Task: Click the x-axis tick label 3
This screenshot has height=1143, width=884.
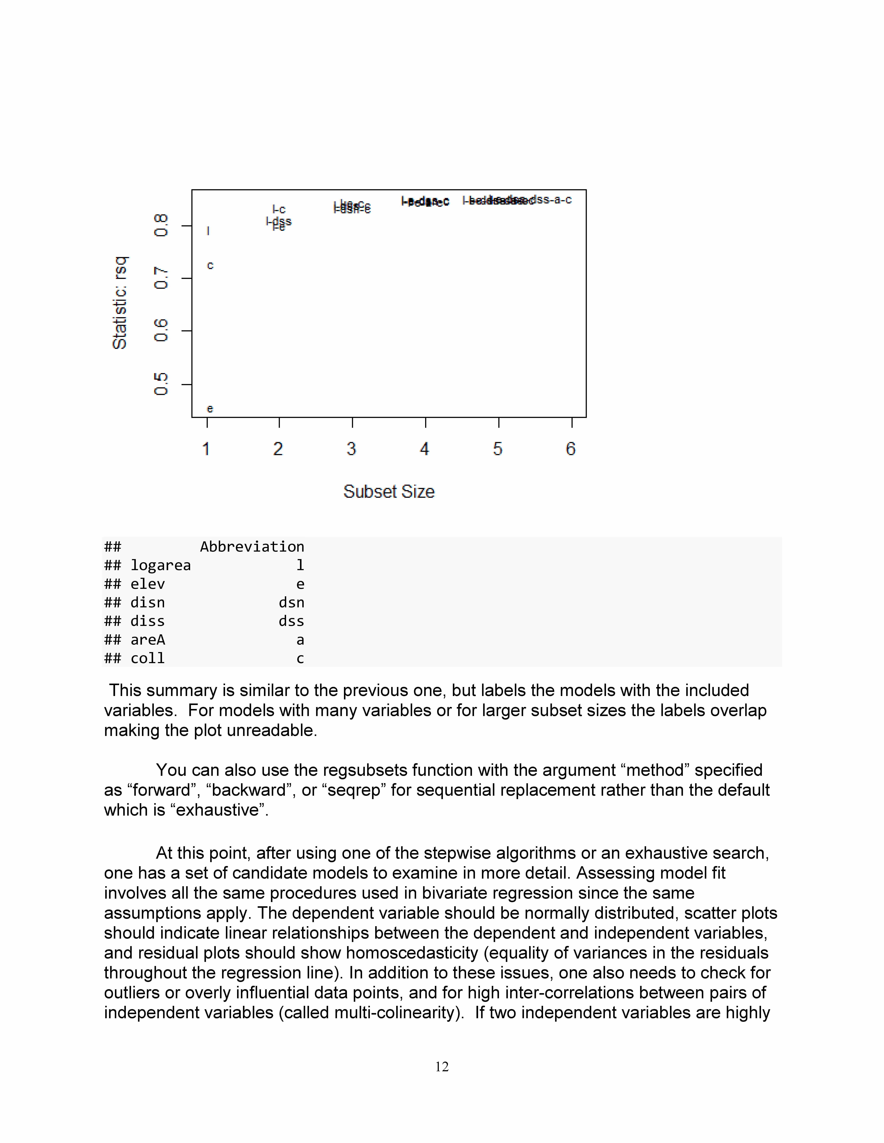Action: tap(351, 448)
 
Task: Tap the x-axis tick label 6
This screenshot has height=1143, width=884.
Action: tap(571, 448)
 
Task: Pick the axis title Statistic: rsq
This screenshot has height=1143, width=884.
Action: tap(120, 302)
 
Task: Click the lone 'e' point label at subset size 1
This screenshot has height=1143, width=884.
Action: tap(210, 409)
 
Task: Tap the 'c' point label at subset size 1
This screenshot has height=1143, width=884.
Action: tap(210, 265)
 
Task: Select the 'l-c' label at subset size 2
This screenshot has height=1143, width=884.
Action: tap(279, 209)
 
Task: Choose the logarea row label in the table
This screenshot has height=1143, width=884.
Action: tap(160, 565)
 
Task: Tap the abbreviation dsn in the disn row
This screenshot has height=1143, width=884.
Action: tap(291, 602)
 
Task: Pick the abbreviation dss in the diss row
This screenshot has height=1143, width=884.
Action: tap(291, 621)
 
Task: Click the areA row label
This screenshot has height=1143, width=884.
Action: tap(148, 640)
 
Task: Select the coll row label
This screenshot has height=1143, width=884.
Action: tap(148, 658)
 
